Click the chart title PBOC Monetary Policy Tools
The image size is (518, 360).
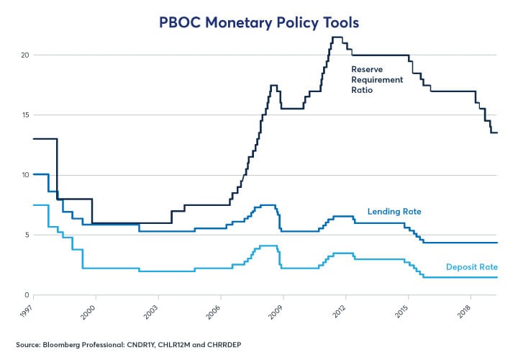(258, 22)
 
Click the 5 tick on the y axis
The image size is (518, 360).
(26, 235)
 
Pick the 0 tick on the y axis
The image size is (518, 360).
(26, 295)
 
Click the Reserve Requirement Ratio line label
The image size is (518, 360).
(376, 80)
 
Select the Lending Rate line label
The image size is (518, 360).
(394, 212)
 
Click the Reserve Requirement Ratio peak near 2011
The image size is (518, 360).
(337, 37)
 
